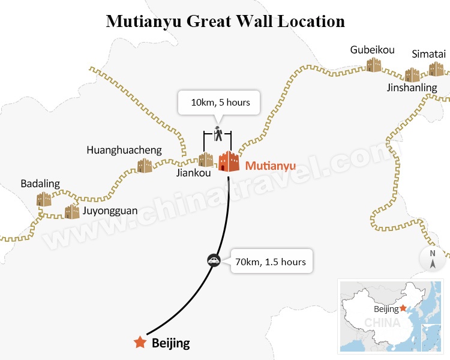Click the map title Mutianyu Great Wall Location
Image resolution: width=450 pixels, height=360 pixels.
(225, 22)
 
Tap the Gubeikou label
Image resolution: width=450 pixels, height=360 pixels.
(372, 50)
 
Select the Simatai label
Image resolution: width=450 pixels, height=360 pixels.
(428, 54)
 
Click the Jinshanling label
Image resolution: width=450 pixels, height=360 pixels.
(412, 88)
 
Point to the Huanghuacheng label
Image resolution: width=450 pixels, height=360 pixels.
(124, 150)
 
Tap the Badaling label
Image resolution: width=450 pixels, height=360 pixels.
(40, 184)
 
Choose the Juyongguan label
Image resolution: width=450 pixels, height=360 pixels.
(109, 211)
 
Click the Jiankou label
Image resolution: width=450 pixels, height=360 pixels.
(194, 173)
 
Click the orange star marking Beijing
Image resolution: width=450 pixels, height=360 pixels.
(140, 343)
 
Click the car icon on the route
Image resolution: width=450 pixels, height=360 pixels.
(213, 260)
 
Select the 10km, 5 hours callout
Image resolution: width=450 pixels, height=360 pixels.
(220, 103)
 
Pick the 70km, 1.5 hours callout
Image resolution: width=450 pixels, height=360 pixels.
(271, 262)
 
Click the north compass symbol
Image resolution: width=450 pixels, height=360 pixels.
(432, 258)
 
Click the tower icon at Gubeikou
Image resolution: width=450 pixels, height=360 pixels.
(374, 64)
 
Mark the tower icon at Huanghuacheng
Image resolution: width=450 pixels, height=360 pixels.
(145, 166)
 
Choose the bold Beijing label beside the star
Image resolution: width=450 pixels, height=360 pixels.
(171, 344)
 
